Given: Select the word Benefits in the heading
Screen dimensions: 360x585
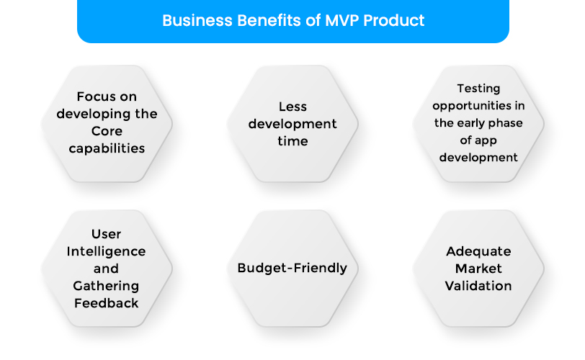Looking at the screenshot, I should coord(264,20).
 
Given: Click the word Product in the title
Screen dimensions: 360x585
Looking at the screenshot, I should coord(394,20).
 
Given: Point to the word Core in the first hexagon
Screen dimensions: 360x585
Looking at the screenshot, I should coord(107,132).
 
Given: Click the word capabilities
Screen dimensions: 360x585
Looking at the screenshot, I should coord(107,149).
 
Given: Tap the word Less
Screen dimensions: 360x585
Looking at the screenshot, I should coord(292,107).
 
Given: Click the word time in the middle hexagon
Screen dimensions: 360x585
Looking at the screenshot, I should coord(292,141).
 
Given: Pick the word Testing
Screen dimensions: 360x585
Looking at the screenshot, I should coord(478,89).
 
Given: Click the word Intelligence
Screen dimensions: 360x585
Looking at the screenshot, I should coord(106,251).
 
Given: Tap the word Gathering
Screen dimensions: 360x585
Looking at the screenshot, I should coord(106,286).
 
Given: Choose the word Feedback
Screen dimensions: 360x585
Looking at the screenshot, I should coord(106,303).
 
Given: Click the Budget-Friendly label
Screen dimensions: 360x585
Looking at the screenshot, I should coord(292,269).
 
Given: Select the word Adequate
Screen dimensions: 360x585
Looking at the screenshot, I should coord(478,251).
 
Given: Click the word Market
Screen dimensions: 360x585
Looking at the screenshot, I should coord(478,269).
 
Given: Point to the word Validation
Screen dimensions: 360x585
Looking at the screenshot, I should coord(478,286).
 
